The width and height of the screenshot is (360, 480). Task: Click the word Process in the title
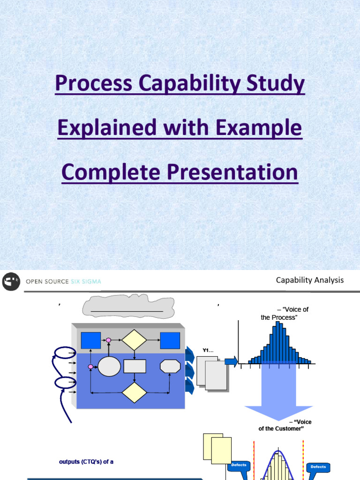93,83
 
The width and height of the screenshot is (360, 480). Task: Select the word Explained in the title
107,127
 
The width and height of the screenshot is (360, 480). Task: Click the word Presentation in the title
232,172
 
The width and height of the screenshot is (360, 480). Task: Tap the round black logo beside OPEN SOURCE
11,281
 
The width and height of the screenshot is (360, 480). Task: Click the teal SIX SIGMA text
86,282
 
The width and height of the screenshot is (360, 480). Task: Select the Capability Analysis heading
310,280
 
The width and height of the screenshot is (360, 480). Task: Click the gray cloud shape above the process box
128,306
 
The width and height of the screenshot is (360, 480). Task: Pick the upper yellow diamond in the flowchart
134,340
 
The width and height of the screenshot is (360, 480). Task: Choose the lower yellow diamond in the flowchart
135,392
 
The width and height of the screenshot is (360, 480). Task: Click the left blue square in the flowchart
90,340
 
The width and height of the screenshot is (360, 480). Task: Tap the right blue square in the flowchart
170,340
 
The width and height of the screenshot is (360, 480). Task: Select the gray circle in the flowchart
109,367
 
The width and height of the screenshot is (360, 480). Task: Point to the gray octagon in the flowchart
171,367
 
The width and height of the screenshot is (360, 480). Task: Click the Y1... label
208,350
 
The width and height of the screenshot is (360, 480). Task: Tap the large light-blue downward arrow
278,395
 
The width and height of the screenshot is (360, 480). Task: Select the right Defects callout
318,468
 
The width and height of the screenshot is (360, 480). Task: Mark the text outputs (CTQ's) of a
86,462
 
